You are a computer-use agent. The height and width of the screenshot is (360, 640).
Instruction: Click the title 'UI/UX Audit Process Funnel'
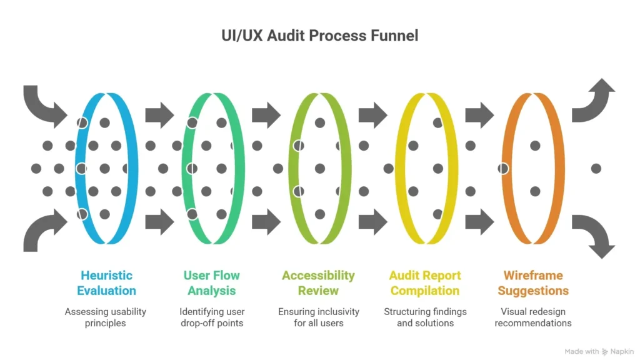click(x=319, y=36)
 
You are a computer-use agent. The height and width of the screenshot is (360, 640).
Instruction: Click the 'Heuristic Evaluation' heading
click(x=106, y=282)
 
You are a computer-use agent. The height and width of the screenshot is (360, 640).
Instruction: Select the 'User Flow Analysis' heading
click(x=212, y=282)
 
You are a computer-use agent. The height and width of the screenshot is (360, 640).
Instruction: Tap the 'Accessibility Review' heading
click(x=318, y=282)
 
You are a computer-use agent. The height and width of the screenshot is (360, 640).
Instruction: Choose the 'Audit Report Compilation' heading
click(x=425, y=282)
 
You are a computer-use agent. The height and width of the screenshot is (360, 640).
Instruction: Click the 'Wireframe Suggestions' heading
click(x=533, y=282)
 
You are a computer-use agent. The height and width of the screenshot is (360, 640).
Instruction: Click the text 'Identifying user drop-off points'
click(x=212, y=317)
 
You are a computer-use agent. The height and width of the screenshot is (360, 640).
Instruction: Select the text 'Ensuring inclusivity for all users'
click(x=318, y=317)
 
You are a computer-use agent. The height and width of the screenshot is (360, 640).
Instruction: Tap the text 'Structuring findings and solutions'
click(x=425, y=317)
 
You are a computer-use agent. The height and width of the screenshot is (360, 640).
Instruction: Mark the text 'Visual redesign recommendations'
click(x=533, y=317)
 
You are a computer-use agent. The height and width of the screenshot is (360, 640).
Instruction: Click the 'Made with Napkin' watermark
click(x=599, y=351)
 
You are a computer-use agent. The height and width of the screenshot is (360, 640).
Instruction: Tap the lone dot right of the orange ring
click(x=596, y=168)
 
